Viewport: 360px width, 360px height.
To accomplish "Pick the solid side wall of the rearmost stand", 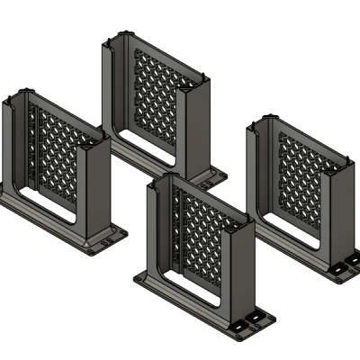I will click(x=198, y=126).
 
